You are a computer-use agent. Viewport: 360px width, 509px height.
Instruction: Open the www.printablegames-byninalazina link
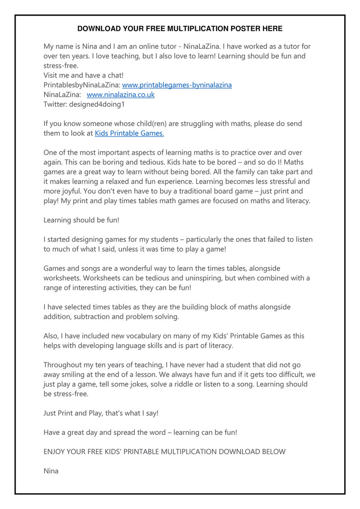[177, 85]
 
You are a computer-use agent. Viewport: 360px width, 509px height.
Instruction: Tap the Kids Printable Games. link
[129, 133]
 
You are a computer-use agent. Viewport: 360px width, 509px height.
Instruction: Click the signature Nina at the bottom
[51, 471]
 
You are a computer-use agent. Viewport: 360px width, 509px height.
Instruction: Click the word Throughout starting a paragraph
[63, 365]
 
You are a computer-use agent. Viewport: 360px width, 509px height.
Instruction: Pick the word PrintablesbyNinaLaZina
[82, 85]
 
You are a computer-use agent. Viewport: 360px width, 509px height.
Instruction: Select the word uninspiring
[185, 278]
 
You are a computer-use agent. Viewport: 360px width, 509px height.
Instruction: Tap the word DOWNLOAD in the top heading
[98, 29]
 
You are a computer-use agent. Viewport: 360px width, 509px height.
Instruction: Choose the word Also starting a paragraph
[51, 336]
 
